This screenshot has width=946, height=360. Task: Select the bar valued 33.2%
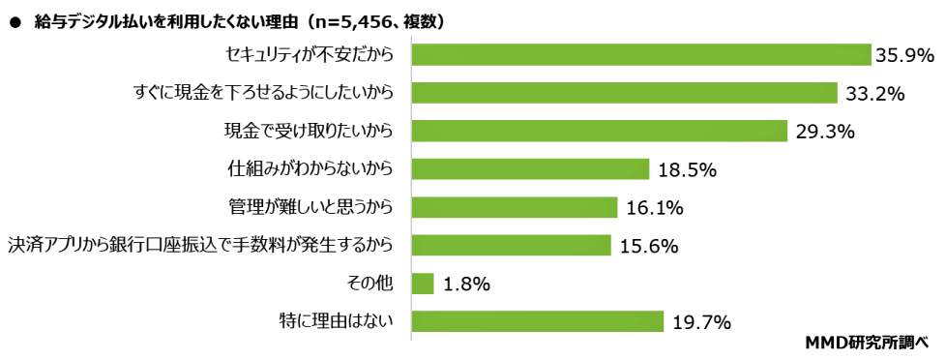624,93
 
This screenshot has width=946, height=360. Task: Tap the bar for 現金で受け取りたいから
599,131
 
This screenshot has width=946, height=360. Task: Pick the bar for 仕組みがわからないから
530,169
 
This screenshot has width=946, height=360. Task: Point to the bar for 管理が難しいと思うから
515,207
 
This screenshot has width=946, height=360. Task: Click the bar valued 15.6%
512,245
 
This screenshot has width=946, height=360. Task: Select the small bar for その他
423,283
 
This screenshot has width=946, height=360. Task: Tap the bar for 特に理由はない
538,321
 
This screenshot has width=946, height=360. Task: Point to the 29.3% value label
825,132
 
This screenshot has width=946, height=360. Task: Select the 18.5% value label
686,170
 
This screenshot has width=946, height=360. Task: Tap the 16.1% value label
655,208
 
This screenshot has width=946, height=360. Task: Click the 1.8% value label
466,284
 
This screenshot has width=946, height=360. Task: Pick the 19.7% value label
700,322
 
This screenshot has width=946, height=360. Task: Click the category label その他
370,283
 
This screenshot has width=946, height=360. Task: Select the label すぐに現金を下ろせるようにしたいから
264,93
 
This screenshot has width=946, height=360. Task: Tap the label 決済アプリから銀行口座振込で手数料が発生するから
200,245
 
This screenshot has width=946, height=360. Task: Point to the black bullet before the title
14,21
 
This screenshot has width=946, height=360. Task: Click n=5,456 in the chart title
340,20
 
